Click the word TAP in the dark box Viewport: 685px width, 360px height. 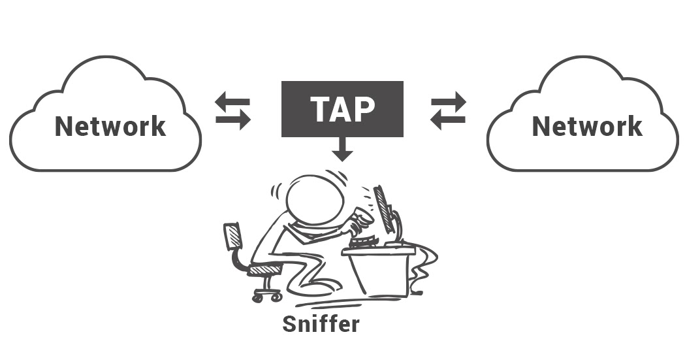click(342, 109)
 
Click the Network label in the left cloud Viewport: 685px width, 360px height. click(110, 126)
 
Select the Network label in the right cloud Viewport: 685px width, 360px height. click(587, 126)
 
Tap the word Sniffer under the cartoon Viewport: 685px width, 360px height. click(321, 323)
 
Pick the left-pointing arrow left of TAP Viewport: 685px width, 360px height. click(232, 103)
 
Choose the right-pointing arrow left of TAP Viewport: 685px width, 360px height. click(233, 120)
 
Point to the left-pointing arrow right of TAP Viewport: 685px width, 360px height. click(448, 120)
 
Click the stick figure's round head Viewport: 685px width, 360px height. click(315, 200)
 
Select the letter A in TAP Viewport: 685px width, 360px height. click(342, 109)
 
